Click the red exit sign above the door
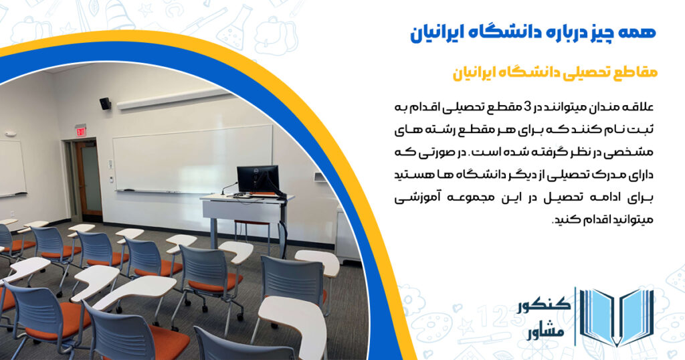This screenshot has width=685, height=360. point(80,130)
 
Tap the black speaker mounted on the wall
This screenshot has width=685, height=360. point(105,103)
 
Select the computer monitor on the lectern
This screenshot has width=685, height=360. point(258,179)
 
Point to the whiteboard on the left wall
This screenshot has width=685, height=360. point(11,167)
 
